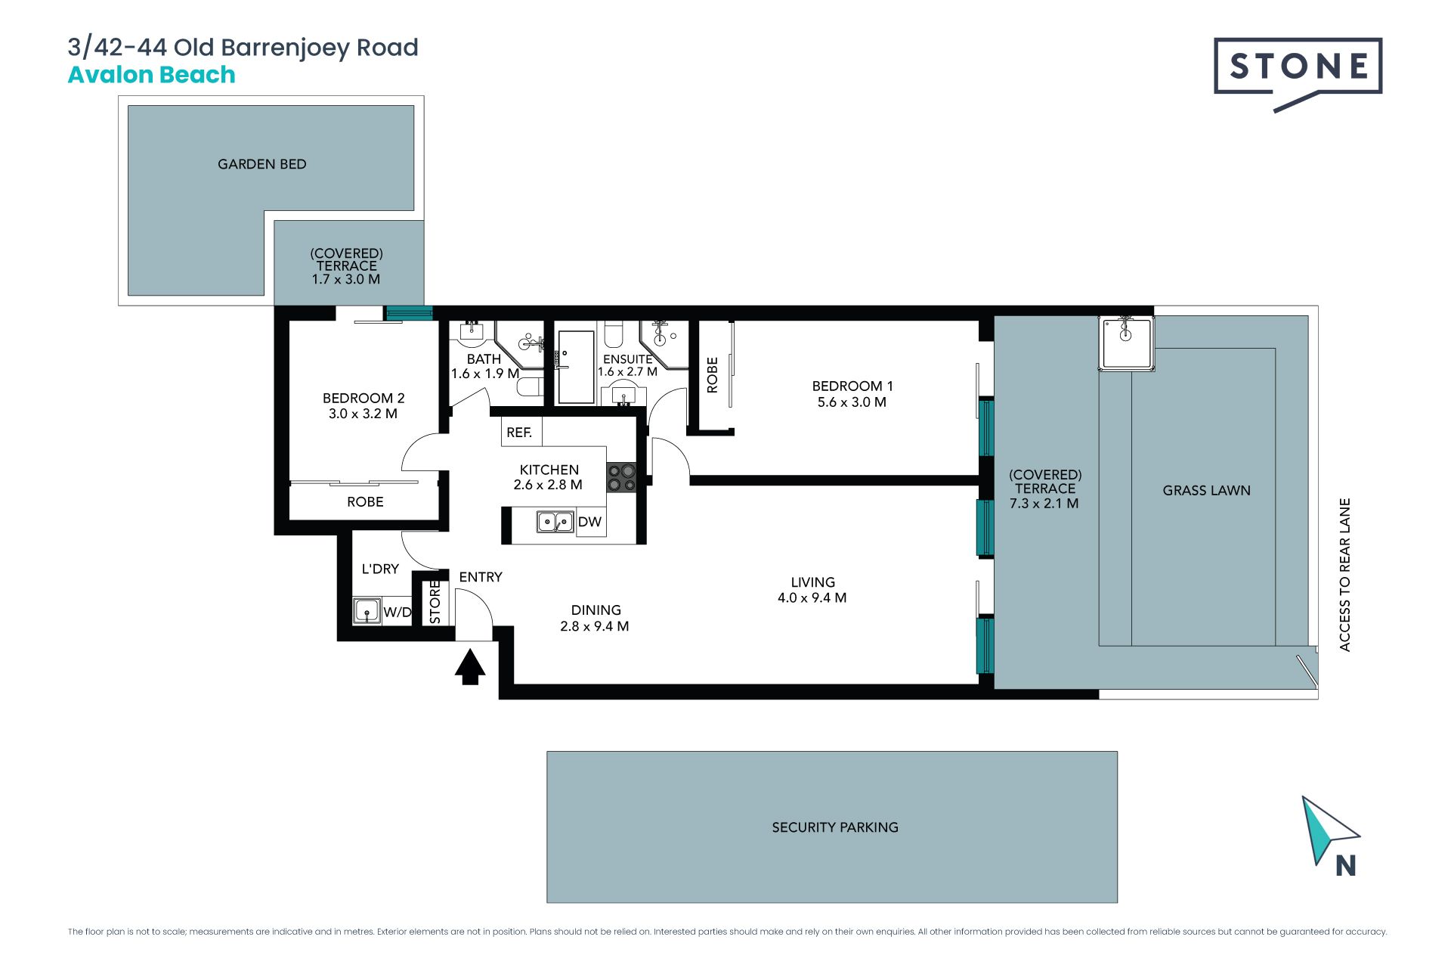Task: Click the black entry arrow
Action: click(x=470, y=667)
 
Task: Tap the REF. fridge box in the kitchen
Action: click(x=521, y=432)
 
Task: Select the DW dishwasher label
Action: click(x=589, y=522)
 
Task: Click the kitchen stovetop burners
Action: click(x=621, y=478)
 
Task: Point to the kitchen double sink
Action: click(x=555, y=522)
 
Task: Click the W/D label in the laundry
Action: click(x=398, y=612)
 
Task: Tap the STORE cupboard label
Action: click(x=435, y=602)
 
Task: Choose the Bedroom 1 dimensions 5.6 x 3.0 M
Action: click(x=852, y=402)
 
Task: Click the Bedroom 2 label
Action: click(x=364, y=398)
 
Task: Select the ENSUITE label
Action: click(x=627, y=359)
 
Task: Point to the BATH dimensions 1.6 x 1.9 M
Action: click(x=484, y=374)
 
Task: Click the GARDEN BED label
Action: click(x=262, y=164)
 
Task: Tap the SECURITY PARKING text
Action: click(x=835, y=827)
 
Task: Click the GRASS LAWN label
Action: click(x=1206, y=491)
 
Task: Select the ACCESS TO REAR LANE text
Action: click(x=1344, y=575)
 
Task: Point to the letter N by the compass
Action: click(x=1345, y=866)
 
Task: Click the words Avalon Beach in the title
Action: click(x=152, y=75)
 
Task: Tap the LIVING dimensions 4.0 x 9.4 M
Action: click(x=812, y=597)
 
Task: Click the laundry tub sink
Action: click(x=367, y=611)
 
